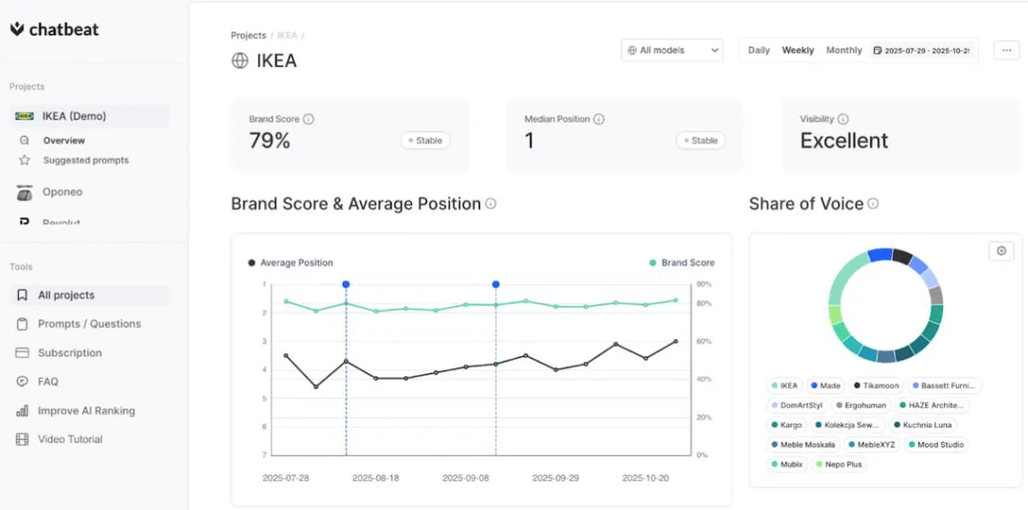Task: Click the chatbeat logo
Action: click(x=54, y=30)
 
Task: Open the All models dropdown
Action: click(x=672, y=50)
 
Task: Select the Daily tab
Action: click(x=758, y=50)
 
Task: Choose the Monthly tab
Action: click(x=844, y=50)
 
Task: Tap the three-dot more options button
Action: click(x=1006, y=50)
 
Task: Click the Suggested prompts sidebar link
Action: click(x=86, y=160)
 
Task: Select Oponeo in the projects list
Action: click(x=61, y=192)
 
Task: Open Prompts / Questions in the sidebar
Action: click(x=88, y=323)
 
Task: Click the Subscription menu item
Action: click(x=69, y=352)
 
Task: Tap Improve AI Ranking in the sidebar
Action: click(x=86, y=411)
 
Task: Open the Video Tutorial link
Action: click(x=69, y=440)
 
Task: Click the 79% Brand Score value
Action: click(x=270, y=141)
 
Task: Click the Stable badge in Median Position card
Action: click(x=701, y=141)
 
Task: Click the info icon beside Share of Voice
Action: click(x=873, y=204)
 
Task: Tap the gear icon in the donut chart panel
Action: click(x=1001, y=251)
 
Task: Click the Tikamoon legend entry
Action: click(x=875, y=386)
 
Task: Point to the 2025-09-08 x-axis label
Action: click(x=465, y=478)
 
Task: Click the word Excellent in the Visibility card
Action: click(x=844, y=141)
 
